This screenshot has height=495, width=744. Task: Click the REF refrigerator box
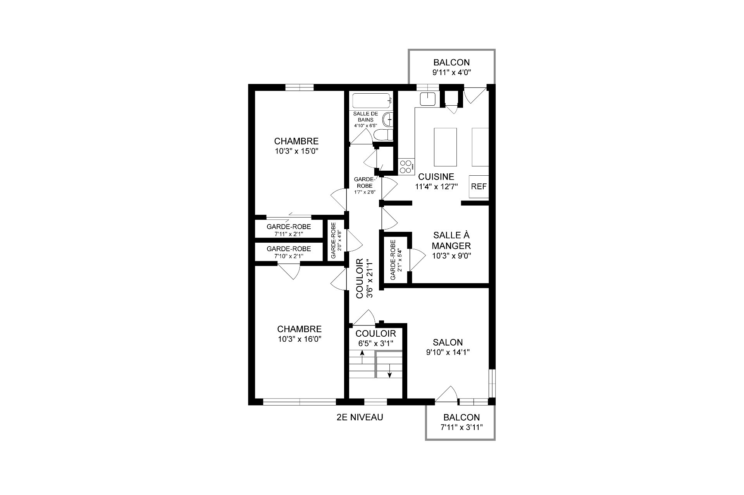[x=479, y=187]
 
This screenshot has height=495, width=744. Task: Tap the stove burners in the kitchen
[x=406, y=166]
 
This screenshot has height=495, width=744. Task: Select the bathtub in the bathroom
[x=371, y=101]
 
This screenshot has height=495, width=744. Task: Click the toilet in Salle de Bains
[x=383, y=135]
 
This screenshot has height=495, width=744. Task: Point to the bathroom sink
[x=387, y=120]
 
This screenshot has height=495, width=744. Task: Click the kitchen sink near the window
[x=428, y=99]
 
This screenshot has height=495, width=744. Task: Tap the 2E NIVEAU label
[x=360, y=417]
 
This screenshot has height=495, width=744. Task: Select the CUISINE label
[x=436, y=176]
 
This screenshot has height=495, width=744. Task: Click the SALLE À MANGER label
[x=451, y=240]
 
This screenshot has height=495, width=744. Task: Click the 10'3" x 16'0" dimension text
[x=299, y=339]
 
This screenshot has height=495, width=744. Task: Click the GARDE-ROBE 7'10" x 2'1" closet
[x=289, y=252]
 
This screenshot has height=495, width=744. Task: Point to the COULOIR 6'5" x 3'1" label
[x=375, y=338]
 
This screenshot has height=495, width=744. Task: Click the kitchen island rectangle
[x=445, y=147]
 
